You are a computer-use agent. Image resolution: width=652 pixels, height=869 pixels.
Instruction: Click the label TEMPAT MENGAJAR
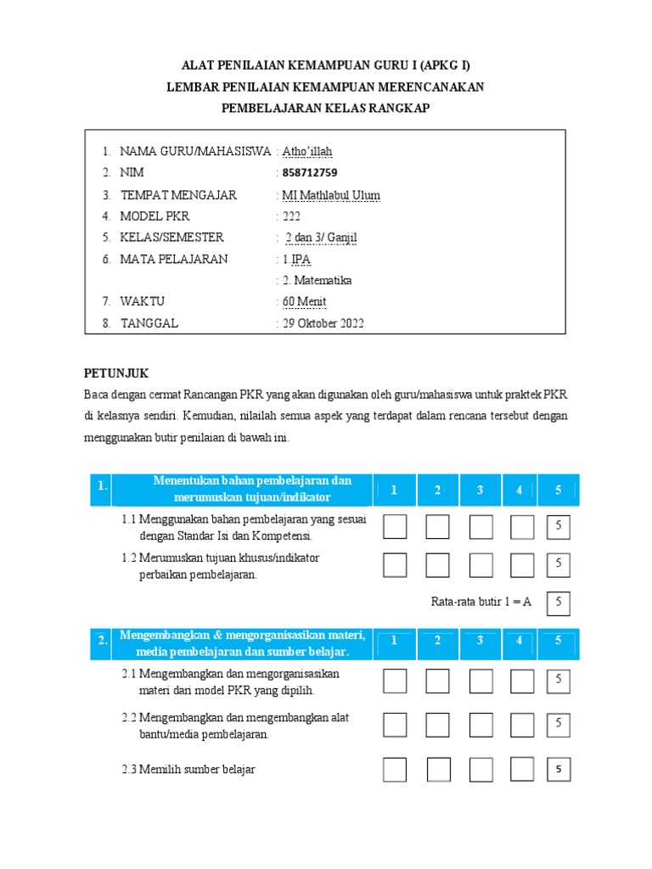178,195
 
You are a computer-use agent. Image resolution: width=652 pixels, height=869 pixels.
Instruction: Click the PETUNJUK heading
116,373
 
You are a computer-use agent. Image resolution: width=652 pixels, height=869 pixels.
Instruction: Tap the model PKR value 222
291,216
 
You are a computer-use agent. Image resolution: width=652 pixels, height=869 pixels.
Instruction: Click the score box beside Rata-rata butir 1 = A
559,603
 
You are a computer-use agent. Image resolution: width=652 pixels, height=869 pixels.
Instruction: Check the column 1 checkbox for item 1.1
395,527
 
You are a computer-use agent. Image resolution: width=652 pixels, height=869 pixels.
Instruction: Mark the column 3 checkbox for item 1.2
481,564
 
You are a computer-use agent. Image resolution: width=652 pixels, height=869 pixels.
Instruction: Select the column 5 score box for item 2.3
559,770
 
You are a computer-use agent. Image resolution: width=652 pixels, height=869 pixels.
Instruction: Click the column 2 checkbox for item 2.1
437,681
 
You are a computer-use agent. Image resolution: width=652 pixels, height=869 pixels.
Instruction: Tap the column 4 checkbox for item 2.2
522,723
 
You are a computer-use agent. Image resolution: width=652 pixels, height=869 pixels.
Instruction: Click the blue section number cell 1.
101,488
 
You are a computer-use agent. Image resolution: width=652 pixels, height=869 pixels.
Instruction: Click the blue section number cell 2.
101,642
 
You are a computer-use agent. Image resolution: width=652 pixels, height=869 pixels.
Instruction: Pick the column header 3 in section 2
480,641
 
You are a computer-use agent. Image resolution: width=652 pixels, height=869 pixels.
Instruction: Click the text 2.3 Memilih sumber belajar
188,770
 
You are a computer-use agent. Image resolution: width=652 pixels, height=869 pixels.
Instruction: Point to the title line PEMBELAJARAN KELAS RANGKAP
325,108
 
